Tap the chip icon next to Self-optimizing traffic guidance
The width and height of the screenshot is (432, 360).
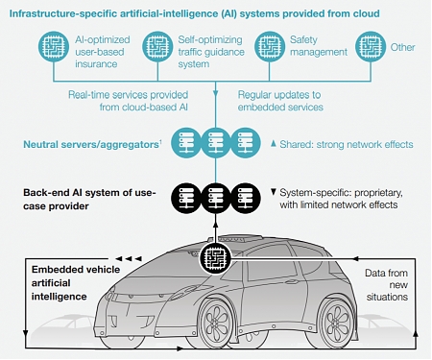157,48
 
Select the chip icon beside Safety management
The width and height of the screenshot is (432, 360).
270,48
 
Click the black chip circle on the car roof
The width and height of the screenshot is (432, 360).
215,256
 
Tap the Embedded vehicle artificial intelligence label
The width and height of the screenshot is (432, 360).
59,284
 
